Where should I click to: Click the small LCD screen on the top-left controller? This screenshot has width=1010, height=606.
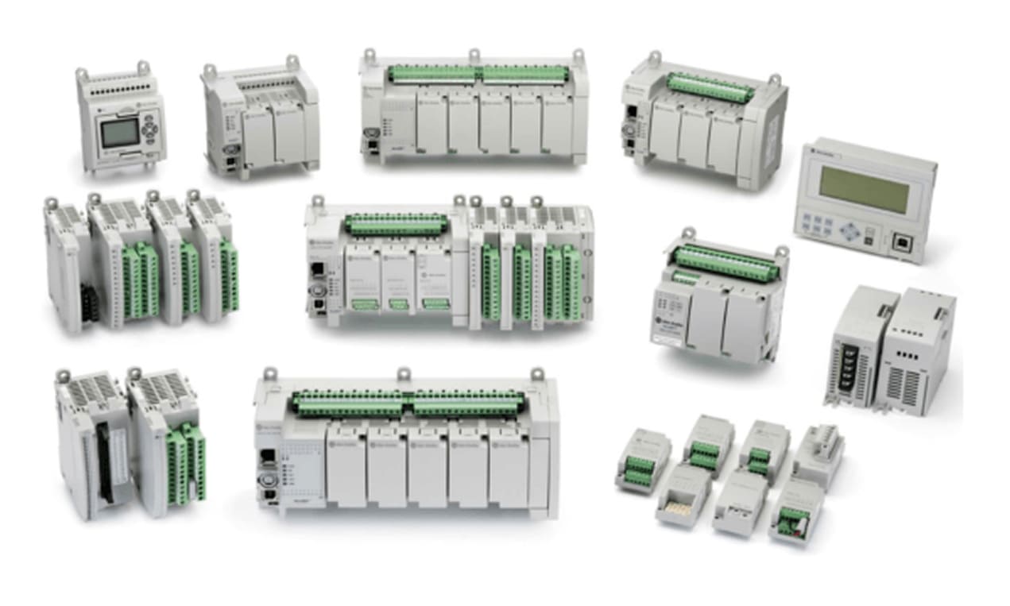(118, 133)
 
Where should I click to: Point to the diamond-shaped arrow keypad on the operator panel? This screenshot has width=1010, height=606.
(851, 230)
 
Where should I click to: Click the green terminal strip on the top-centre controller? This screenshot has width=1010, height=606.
(477, 75)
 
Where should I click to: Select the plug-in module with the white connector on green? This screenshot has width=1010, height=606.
(795, 520)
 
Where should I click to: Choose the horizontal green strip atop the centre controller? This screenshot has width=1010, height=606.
(394, 225)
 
